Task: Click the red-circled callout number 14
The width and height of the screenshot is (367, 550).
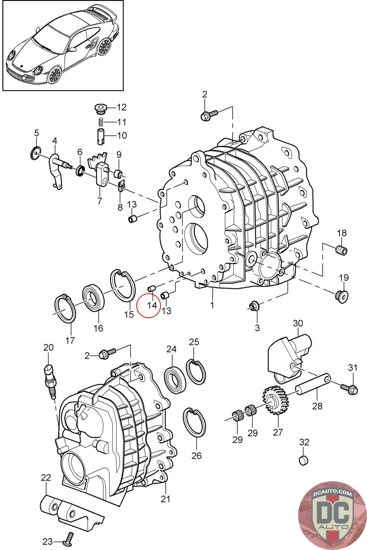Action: [x=152, y=305]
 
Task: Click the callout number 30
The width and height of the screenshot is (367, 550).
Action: [x=298, y=323]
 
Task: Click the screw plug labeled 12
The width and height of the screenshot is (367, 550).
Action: [x=100, y=108]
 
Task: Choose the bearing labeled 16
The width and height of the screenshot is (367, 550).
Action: [x=93, y=297]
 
